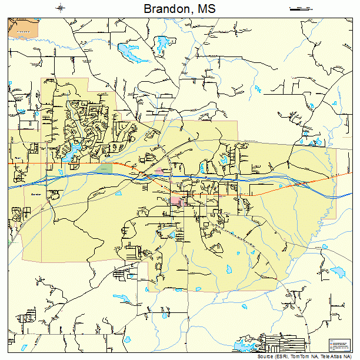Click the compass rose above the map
(61, 8)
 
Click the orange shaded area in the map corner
(24, 28)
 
